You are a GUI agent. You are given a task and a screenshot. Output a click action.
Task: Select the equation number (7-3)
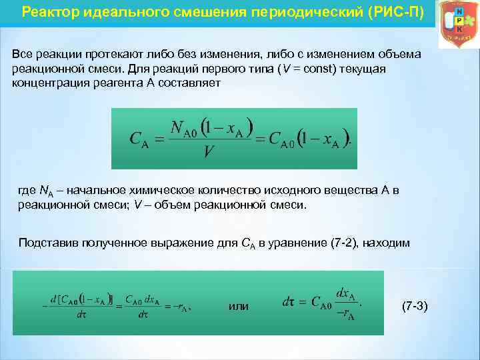pyautogui.click(x=417, y=306)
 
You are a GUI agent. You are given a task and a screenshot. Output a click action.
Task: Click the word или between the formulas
pyautogui.click(x=239, y=306)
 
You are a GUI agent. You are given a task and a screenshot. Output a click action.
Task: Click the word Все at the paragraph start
pyautogui.click(x=25, y=53)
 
